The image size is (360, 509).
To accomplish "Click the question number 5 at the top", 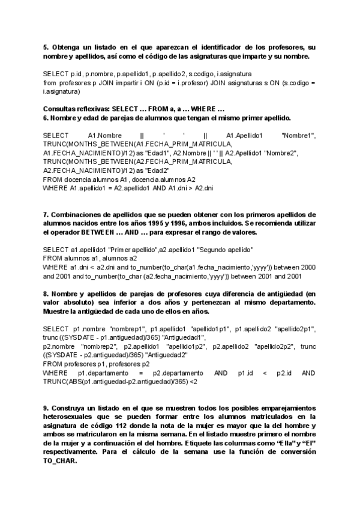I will (x=46, y=47).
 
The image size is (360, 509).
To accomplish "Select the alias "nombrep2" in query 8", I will (x=96, y=346).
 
